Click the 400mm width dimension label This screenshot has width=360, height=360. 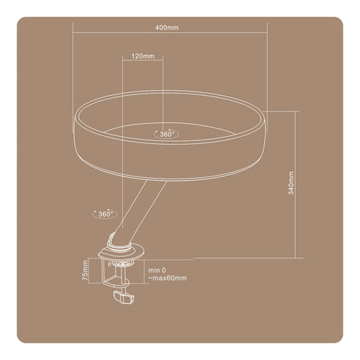[x=167, y=27]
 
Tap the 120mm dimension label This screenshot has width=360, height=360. [x=143, y=56]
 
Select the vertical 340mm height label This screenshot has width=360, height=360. [x=291, y=183]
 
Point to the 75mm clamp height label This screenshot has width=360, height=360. [x=85, y=271]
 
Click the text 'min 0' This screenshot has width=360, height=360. [x=157, y=271]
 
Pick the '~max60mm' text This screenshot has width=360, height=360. [x=167, y=279]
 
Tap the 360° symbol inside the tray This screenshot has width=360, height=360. [x=166, y=134]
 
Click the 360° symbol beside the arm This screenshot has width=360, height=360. [x=105, y=214]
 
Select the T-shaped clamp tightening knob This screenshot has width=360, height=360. [x=124, y=297]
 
